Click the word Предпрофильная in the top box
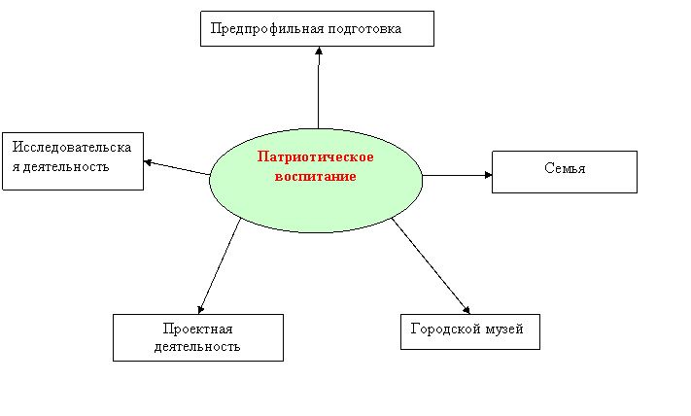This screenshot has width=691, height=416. (x=267, y=29)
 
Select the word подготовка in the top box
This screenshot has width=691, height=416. (x=364, y=29)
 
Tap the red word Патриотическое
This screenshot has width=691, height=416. (x=316, y=156)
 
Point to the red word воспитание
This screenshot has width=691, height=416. (x=316, y=176)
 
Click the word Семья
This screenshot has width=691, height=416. (x=565, y=168)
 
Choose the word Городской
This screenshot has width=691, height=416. (x=445, y=329)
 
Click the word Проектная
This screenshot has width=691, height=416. (x=198, y=329)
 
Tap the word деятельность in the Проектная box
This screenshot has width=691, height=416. (x=197, y=347)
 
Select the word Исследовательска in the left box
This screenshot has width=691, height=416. (x=72, y=147)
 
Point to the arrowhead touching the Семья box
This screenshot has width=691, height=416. (x=488, y=175)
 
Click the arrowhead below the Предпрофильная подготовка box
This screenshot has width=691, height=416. (x=319, y=51)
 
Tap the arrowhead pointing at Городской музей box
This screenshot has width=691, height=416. (x=466, y=310)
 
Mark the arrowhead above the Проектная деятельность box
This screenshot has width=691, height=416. (x=200, y=309)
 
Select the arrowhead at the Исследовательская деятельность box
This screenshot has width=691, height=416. (x=148, y=162)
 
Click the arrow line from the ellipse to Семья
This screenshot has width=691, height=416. (x=457, y=175)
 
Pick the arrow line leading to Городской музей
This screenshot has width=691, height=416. (x=431, y=266)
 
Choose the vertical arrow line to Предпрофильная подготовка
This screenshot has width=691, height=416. (x=318, y=87)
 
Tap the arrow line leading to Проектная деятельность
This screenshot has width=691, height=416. (x=220, y=265)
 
